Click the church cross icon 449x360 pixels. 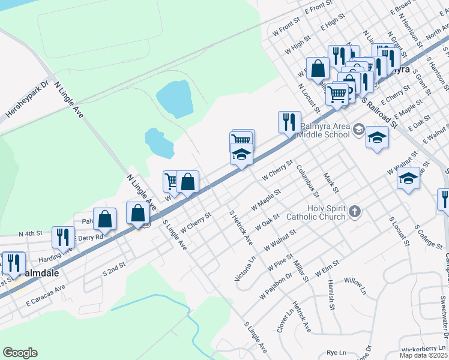[355, 211]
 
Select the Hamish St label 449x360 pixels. [331, 298]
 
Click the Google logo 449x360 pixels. [20, 353]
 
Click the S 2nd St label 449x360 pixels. [114, 268]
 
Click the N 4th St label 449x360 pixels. [31, 233]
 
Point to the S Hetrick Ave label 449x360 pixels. [241, 227]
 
